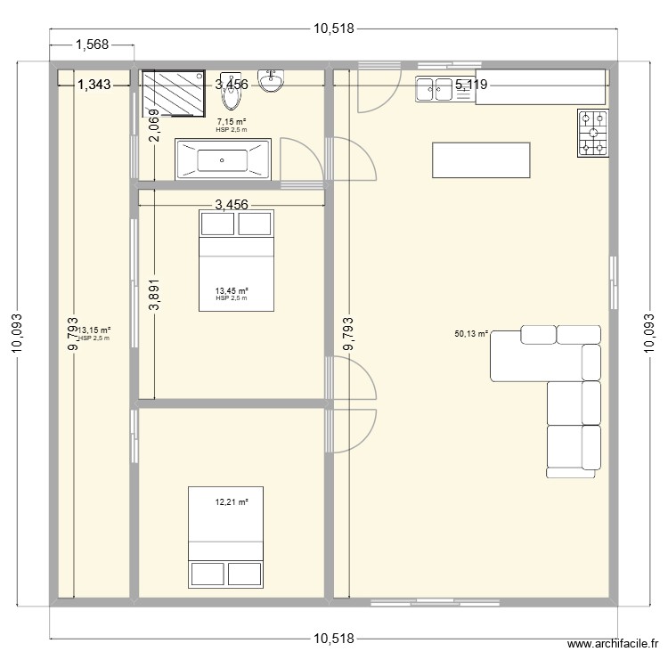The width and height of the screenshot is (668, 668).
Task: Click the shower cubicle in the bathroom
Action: click(175, 93)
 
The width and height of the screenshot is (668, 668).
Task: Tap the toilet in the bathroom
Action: click(232, 86)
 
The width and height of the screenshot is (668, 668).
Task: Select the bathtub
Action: click(223, 160)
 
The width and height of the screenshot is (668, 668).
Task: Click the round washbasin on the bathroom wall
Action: click(270, 82)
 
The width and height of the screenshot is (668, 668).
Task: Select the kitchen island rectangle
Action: click(481, 160)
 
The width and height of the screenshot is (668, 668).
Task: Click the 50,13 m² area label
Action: click(471, 335)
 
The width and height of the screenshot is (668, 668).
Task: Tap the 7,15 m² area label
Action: click(231, 122)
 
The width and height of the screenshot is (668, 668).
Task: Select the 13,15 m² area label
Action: click(94, 330)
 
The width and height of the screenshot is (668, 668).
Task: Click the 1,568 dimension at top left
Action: click(92, 43)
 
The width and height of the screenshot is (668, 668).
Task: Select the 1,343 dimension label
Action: click(94, 85)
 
